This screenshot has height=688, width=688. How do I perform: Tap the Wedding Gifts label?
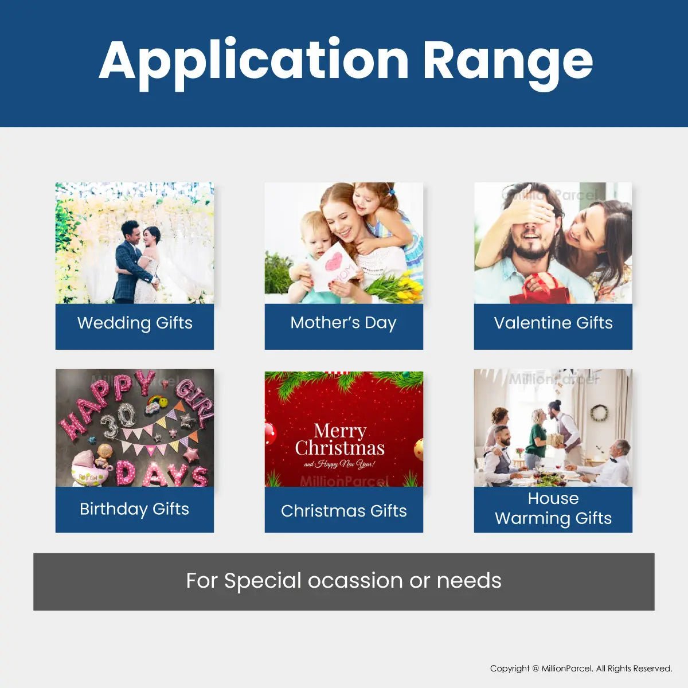tap(135, 323)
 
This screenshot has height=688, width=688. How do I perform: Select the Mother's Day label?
tap(343, 323)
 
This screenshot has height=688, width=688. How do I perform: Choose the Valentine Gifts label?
tap(553, 323)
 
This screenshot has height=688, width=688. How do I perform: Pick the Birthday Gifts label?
tap(135, 509)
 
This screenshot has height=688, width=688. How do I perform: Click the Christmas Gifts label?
tap(344, 511)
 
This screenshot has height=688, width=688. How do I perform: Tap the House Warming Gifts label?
tap(553, 509)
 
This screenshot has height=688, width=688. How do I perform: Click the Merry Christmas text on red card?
tap(339, 440)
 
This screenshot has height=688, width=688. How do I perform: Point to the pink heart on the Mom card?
tap(334, 262)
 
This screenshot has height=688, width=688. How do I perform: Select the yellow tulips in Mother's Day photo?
tap(396, 286)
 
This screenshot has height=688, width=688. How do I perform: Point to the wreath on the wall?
tap(599, 413)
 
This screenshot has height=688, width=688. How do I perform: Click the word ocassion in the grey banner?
tap(355, 581)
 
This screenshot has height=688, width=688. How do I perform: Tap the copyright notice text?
tap(581, 669)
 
